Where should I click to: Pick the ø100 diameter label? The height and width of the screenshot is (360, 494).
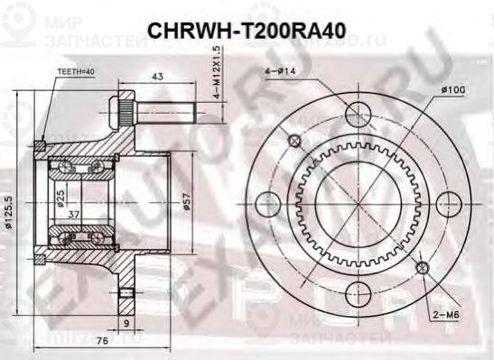click(452, 89)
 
